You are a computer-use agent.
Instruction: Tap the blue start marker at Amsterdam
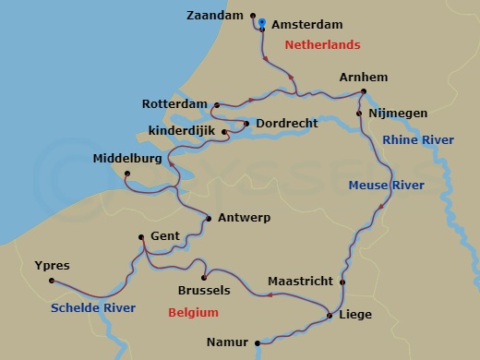click(x=262, y=22)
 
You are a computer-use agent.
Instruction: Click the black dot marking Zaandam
click(x=252, y=15)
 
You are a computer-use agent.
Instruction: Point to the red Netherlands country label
click(x=322, y=44)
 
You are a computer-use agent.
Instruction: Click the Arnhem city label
click(x=363, y=77)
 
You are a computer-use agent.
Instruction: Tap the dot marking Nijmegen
click(x=359, y=114)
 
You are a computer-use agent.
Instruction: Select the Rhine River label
click(x=418, y=139)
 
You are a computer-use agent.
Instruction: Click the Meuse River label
click(x=386, y=186)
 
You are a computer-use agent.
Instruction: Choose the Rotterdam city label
click(x=175, y=103)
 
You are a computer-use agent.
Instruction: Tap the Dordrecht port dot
click(x=246, y=123)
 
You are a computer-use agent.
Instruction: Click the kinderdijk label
click(x=183, y=130)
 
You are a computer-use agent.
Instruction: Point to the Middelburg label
click(x=127, y=159)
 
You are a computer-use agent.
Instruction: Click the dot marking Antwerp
click(x=209, y=219)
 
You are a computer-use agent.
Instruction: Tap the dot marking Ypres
click(x=52, y=281)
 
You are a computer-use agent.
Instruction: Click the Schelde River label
click(x=93, y=307)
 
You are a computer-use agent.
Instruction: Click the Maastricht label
click(x=300, y=281)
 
